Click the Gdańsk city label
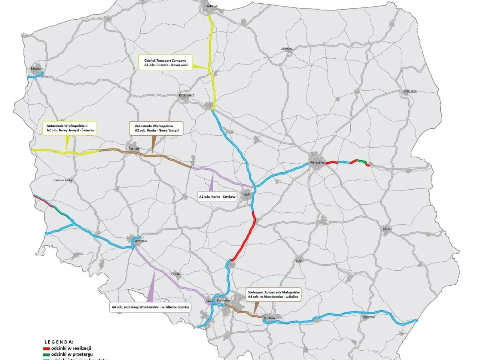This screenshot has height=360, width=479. (212, 6)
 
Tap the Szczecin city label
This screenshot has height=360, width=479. (37, 68)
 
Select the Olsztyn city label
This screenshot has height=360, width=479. (286, 49)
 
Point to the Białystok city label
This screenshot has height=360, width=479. (410, 91)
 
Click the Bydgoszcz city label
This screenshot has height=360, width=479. (186, 95)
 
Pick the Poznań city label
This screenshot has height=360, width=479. (134, 149)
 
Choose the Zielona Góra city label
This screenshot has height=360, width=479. (62, 180)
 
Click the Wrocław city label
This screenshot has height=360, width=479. (141, 241)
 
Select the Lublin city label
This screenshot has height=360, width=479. (386, 229)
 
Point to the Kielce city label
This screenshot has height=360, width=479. (300, 261)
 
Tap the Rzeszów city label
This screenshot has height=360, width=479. (369, 317)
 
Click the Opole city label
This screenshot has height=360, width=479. (176, 274)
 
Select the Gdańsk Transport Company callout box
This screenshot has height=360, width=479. (165, 63)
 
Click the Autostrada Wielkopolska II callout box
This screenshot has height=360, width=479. (70, 128)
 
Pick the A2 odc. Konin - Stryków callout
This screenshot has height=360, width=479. (217, 197)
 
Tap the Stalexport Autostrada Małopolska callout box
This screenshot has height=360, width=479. (274, 295)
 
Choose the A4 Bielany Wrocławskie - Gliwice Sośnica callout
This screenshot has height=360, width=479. (150, 307)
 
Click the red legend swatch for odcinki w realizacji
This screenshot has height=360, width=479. (46, 348)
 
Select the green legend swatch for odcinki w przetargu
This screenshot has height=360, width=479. (46, 354)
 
